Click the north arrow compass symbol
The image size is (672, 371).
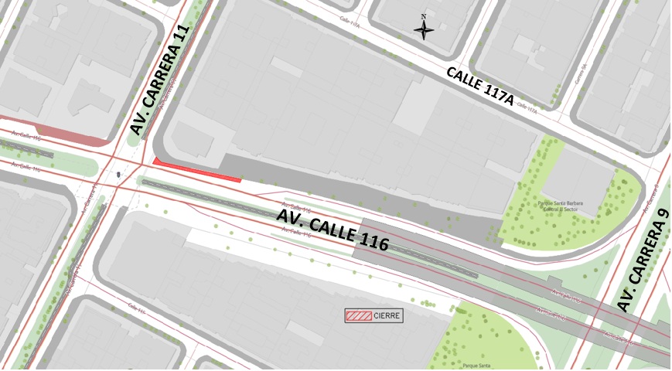(424, 31)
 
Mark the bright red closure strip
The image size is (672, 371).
(197, 170)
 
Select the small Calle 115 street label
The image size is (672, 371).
(137, 309)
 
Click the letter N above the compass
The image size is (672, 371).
(424, 16)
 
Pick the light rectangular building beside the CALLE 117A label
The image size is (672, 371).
(418, 107)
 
